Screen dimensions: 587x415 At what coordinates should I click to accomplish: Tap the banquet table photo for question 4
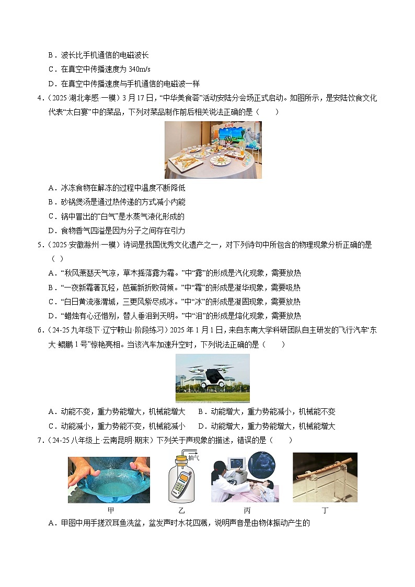coord(213,150)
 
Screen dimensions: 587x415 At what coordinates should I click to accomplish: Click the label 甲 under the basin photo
coord(110,511)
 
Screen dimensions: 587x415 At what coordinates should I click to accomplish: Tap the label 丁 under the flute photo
coord(325,511)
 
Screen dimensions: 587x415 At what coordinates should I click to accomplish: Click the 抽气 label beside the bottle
coord(193,456)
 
